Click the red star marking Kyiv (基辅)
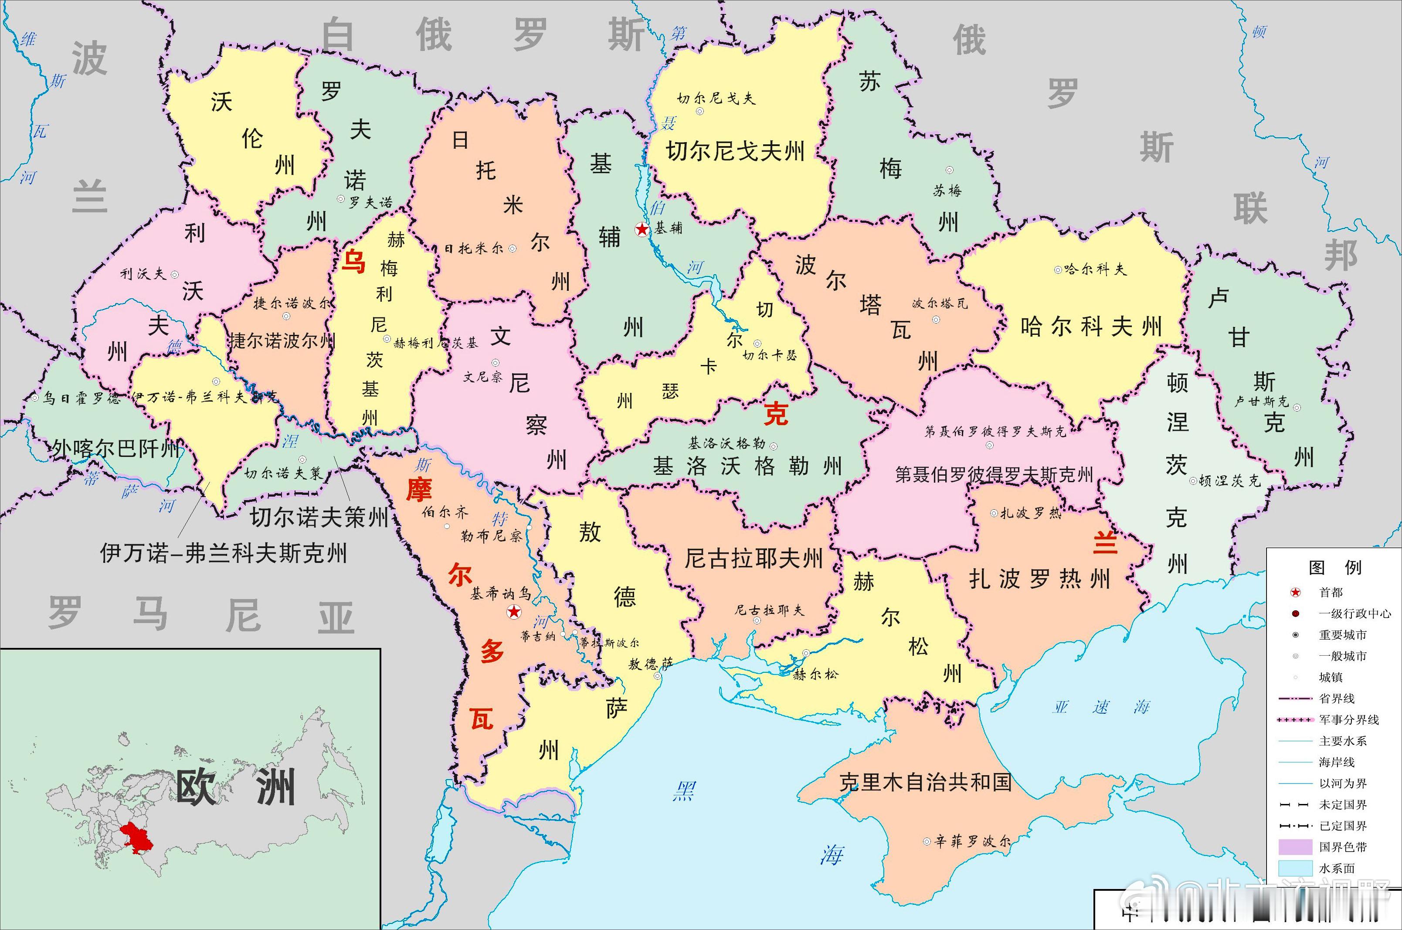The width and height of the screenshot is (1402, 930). coord(642,229)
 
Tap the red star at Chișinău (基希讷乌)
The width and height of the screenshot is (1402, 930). coord(514,612)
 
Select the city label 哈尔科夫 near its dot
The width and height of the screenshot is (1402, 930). coord(1094,269)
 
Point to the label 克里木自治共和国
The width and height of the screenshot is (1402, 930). coord(925,782)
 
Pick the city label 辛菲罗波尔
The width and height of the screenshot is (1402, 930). coord(972,841)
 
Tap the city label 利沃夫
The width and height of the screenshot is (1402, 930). coord(143,274)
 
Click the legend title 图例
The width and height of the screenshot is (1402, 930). coord(1335,568)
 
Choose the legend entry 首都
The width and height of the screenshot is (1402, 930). coord(1331,592)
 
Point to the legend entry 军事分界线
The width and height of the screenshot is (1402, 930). coord(1349,719)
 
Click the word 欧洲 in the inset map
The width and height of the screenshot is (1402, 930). coord(235,788)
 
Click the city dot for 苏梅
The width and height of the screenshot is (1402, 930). coord(949,170)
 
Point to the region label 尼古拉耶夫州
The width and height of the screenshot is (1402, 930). coord(754,558)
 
